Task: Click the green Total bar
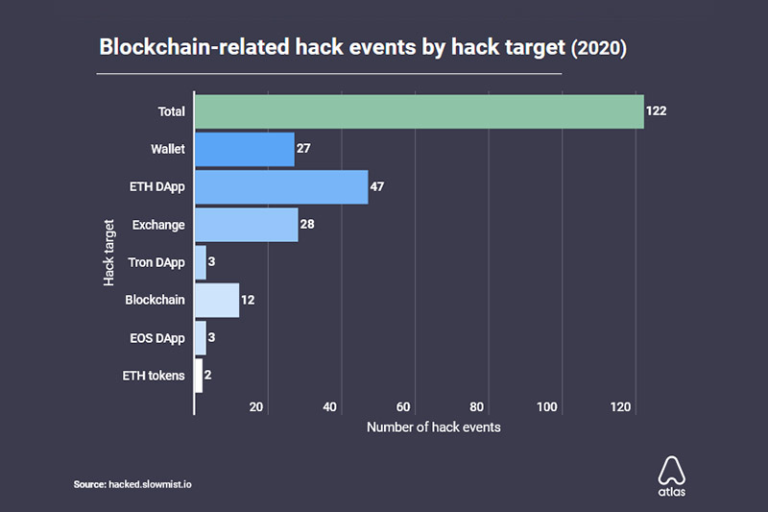point(420,111)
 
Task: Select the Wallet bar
point(245,150)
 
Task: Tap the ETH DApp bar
point(281,187)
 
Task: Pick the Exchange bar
point(247,225)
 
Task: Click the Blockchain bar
point(217,301)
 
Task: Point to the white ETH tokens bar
point(199,376)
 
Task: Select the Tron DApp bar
point(201,262)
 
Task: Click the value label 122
point(656,110)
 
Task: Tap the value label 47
point(377,186)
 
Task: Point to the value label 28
point(307,225)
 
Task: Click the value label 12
point(248,300)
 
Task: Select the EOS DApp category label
point(157,338)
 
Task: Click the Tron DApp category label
point(156,262)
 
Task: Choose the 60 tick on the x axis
point(403,407)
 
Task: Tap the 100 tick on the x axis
point(546,407)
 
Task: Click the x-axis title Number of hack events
point(434,427)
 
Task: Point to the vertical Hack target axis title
point(108,253)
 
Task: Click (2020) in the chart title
point(598,48)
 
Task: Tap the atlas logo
point(671,476)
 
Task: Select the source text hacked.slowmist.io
point(150,484)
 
